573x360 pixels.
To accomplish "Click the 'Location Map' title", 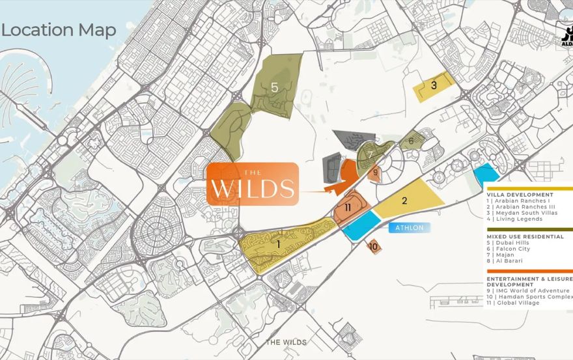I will (59, 30).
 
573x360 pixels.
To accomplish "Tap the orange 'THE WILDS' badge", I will (253, 184).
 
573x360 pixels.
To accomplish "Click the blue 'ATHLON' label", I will (409, 227).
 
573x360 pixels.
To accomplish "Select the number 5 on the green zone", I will (275, 87).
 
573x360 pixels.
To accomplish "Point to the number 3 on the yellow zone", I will (434, 84).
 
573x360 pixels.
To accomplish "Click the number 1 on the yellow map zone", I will (279, 244).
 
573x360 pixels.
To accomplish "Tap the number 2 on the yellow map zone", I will (404, 201).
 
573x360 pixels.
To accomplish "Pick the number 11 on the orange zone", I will (349, 208).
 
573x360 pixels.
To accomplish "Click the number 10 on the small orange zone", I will (373, 247).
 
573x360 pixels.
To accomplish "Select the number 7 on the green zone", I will (369, 155).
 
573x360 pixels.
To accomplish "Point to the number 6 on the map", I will (411, 140).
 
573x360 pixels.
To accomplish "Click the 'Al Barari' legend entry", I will (507, 260).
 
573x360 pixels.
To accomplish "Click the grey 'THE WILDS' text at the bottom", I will (286, 342).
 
